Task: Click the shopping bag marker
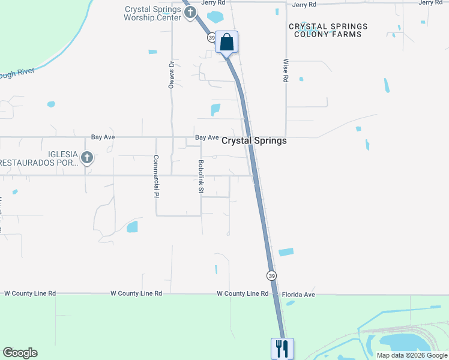coord(226,43)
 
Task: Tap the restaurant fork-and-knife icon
coord(281,349)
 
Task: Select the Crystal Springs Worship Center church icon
coord(190,12)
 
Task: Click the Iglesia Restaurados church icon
coord(87,158)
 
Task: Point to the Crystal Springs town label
coord(254,140)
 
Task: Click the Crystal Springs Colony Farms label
coord(328,30)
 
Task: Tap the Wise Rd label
coord(285,71)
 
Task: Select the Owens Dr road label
coord(171,74)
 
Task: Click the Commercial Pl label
coord(155,176)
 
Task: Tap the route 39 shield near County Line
coord(271,275)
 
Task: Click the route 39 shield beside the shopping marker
coord(211,37)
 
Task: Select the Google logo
coord(20,353)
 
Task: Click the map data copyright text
coord(411,355)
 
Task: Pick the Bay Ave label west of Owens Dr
coord(103,137)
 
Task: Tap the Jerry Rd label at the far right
coord(430,3)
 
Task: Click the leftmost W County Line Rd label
coord(30,293)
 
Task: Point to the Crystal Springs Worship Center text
coord(152,13)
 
